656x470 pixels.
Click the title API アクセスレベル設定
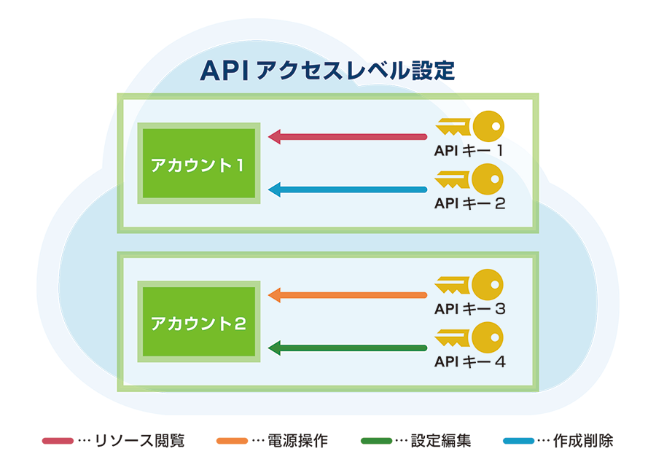pos(327,71)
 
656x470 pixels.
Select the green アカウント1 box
pos(199,163)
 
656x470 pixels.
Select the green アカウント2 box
pos(199,322)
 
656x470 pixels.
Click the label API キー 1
pos(469,151)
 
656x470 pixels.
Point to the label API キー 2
pos(469,203)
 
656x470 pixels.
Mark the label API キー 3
pos(469,308)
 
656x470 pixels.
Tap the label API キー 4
pos(469,361)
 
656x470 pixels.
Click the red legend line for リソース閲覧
pos(58,441)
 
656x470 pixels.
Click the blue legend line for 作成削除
pos(519,441)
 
